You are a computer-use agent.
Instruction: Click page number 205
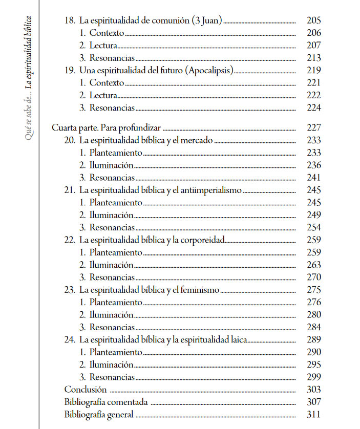313,21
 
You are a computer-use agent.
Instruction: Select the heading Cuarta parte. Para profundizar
107,128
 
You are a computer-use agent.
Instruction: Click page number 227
313,128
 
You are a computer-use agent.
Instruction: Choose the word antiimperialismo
211,190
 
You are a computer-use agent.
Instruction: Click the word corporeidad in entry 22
203,240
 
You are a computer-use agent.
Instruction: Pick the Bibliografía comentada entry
106,402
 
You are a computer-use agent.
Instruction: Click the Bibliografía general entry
99,414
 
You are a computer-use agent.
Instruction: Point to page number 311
313,414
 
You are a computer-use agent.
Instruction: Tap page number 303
313,390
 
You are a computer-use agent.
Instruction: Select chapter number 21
70,190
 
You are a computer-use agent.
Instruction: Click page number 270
313,277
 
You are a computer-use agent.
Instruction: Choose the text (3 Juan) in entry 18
206,21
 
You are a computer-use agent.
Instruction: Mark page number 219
313,70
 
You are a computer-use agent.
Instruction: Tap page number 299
313,377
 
